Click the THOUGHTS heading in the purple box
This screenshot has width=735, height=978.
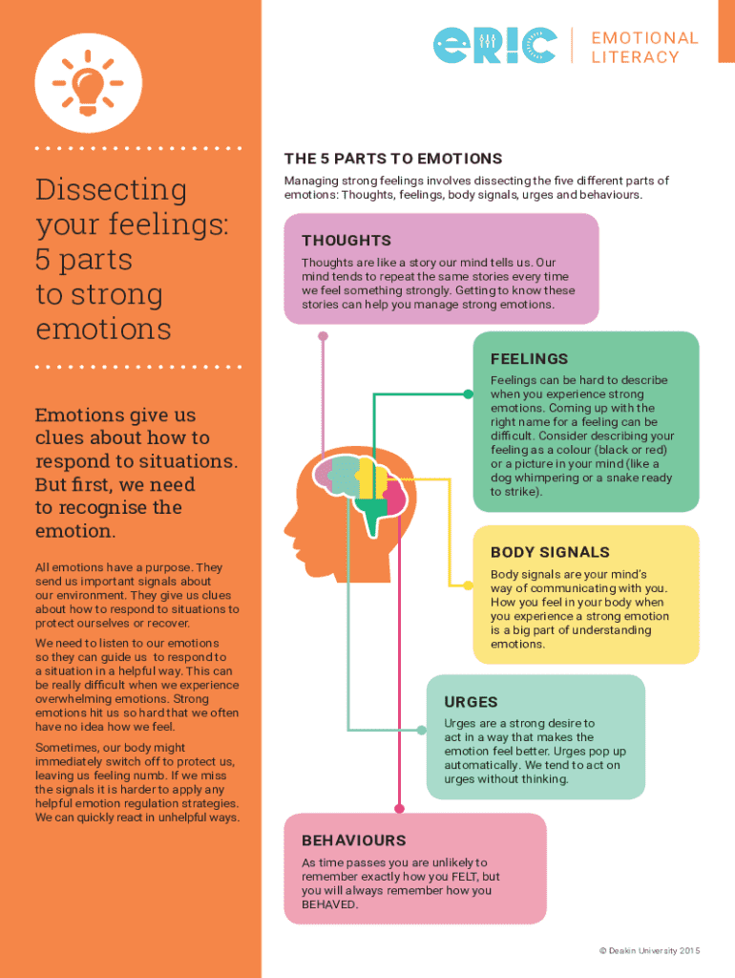coord(346,241)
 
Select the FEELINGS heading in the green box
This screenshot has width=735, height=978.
coord(529,359)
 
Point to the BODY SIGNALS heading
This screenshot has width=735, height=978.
coord(550,552)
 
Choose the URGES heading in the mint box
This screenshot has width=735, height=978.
coord(471,702)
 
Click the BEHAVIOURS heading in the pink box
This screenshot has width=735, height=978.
coord(353,840)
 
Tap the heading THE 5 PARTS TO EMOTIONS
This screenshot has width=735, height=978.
coord(392,159)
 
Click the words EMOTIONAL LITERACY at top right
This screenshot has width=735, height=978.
coord(644,47)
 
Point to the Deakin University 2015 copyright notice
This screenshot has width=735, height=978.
coord(649,950)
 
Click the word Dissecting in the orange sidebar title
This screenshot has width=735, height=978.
coord(97,190)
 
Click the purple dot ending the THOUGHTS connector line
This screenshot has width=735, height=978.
coord(324,336)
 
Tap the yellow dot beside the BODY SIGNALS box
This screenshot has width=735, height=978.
coord(471,586)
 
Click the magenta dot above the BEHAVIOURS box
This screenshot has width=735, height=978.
coord(398,808)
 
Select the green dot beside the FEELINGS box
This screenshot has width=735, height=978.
coord(471,393)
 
